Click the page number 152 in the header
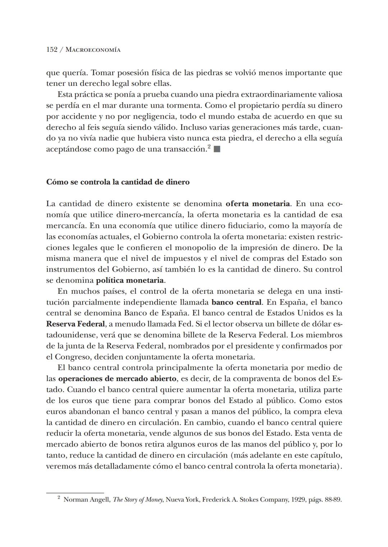click(52, 50)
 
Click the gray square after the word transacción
click(217, 149)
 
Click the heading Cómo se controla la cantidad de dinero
click(118, 182)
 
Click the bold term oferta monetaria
click(258, 204)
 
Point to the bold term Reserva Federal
click(75, 324)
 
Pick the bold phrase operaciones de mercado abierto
click(117, 379)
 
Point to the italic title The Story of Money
click(138, 500)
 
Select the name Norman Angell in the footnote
click(86, 500)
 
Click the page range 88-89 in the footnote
click(332, 500)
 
